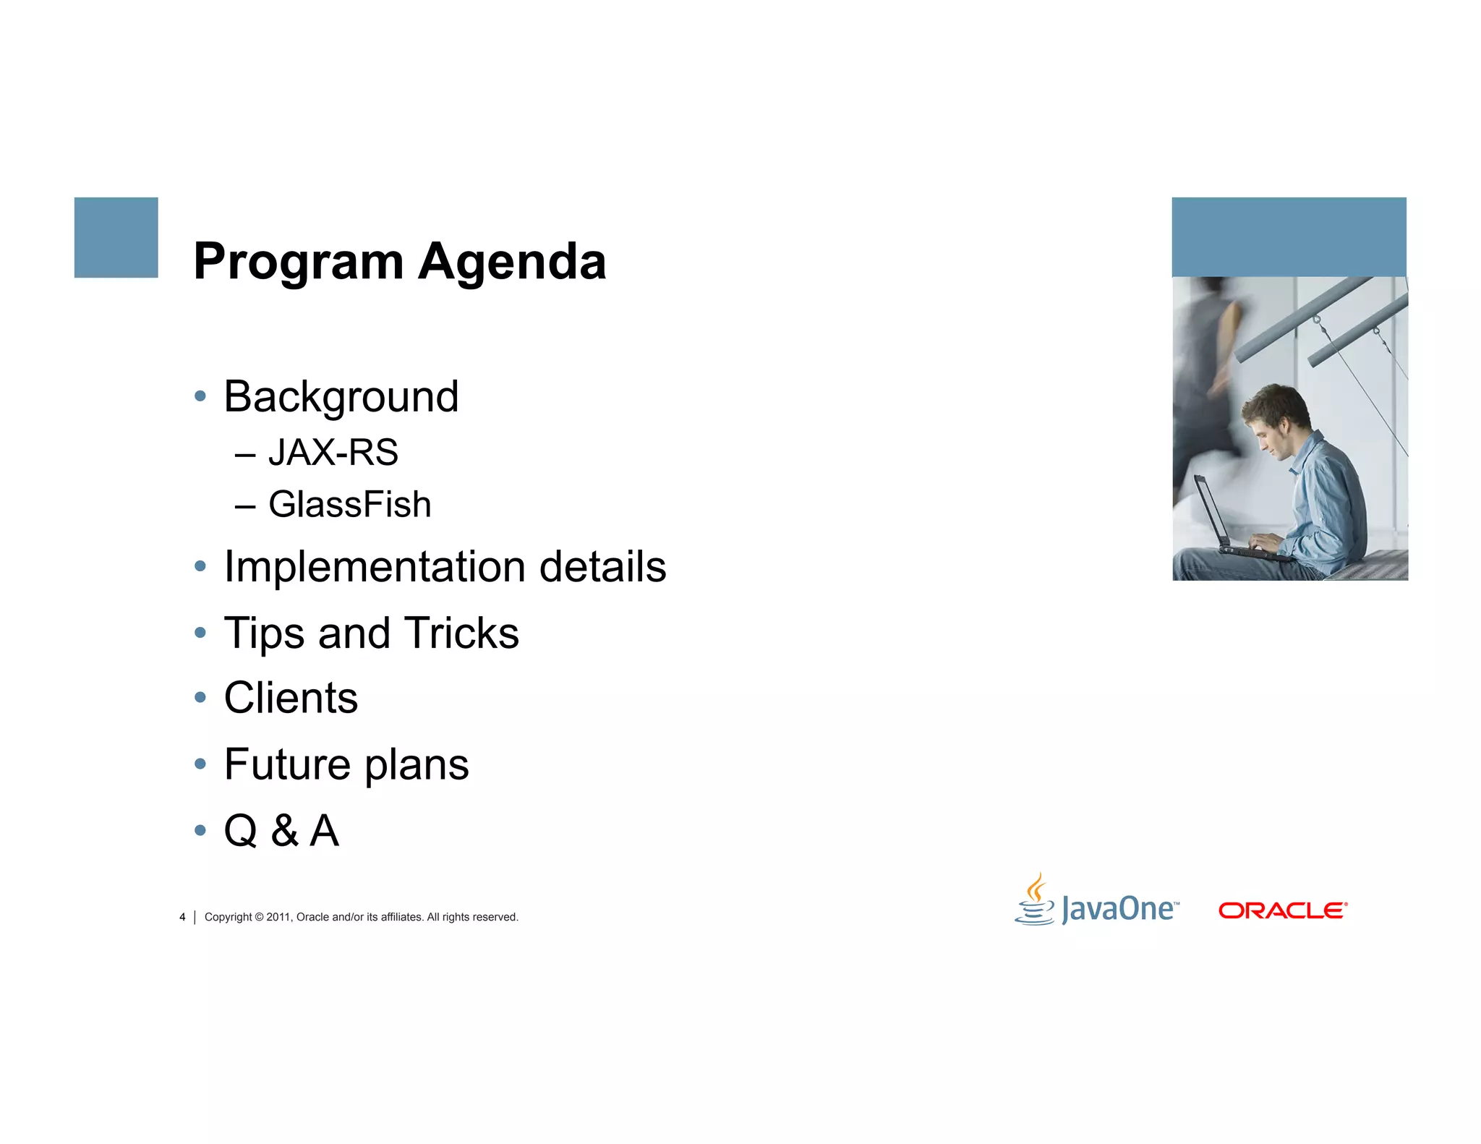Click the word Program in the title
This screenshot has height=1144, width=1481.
coord(298,262)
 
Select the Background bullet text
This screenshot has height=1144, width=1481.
coord(341,396)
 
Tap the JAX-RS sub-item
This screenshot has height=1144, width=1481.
coord(333,453)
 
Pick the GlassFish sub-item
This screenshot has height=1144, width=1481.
coord(349,505)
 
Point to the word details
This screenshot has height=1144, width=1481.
coord(602,566)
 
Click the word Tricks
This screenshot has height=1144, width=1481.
coord(461,633)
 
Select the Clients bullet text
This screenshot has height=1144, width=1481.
coord(291,698)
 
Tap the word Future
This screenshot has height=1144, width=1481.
coord(287,764)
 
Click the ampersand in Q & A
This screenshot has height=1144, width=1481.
coord(285,830)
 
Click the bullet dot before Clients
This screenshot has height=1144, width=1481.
coord(200,698)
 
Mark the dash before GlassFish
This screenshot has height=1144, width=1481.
coord(245,506)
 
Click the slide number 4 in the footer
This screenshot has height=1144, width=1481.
coord(182,917)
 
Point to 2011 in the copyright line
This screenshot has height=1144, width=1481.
coord(278,917)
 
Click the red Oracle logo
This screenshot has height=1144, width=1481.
coord(1282,910)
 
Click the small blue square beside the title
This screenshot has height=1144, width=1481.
coord(116,237)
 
